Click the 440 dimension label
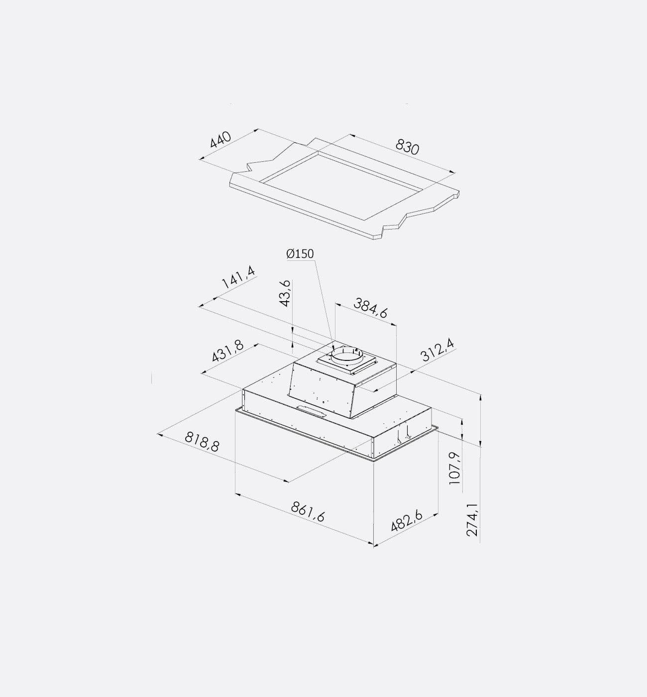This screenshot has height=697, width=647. tap(220, 139)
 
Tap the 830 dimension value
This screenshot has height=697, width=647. tap(407, 147)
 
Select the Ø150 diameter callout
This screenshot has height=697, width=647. tap(300, 253)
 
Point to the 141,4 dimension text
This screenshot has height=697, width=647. tap(238, 278)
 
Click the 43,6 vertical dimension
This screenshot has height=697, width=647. tap(286, 293)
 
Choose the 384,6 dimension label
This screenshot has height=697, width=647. tap(371, 308)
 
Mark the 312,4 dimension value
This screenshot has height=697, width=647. tap(437, 350)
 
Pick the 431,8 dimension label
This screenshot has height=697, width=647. tap(228, 351)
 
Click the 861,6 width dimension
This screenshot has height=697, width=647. tap(308, 512)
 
